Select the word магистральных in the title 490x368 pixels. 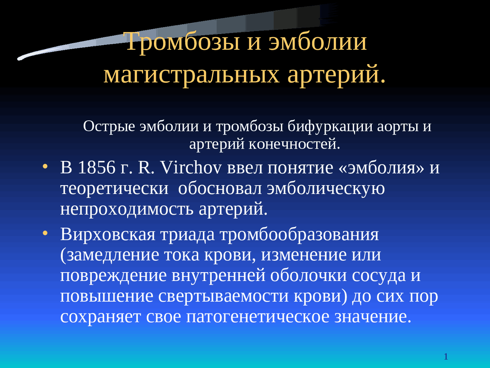(x=191, y=75)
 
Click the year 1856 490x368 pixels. (x=97, y=168)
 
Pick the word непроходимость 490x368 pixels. (x=127, y=210)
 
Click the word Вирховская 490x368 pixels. (x=108, y=234)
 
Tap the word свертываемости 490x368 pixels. (x=223, y=296)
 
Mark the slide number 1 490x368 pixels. (x=446, y=356)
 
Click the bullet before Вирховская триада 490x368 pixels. (x=45, y=233)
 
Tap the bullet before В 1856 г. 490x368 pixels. (x=45, y=166)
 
